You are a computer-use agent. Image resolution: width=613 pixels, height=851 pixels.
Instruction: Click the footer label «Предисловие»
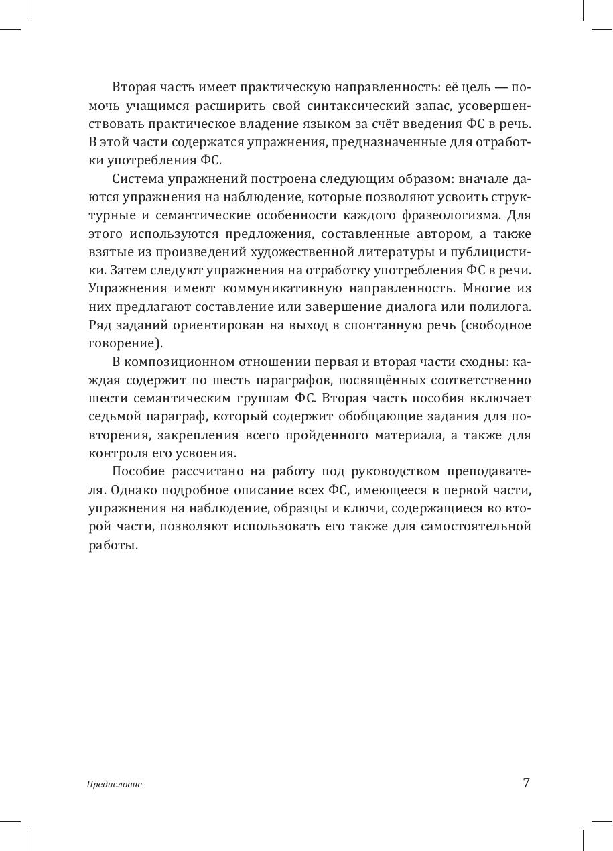coord(115,784)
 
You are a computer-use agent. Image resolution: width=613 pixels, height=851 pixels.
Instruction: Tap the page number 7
coord(526,783)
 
